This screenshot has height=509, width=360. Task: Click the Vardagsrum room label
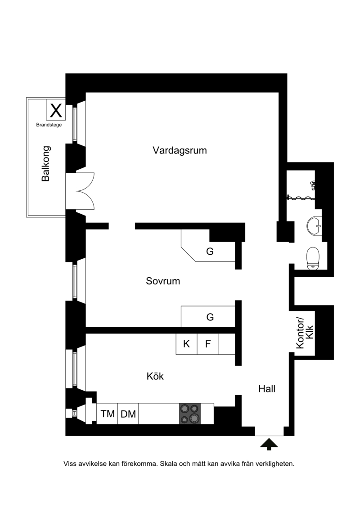coord(180,151)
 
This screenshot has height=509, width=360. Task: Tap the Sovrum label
coord(163,281)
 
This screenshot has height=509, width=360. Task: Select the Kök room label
coord(155,376)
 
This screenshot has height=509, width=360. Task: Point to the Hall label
coord(267,388)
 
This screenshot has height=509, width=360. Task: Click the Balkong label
coord(46,164)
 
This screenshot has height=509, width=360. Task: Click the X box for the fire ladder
coord(56,110)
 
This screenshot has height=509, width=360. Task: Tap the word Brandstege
coord(49,125)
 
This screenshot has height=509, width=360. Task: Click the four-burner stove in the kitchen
coord(190,414)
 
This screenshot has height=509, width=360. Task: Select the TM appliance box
coord(108,414)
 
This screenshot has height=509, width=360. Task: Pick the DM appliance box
coord(128,414)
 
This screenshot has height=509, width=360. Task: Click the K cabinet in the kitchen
coord(186,344)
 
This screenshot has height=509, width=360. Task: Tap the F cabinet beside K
coord(208,344)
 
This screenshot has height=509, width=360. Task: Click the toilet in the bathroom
coord(313,258)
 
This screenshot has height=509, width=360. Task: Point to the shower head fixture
coord(312,185)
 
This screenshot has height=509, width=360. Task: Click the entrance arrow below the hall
coord(269,444)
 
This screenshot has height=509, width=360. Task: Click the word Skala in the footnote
coord(169,464)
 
